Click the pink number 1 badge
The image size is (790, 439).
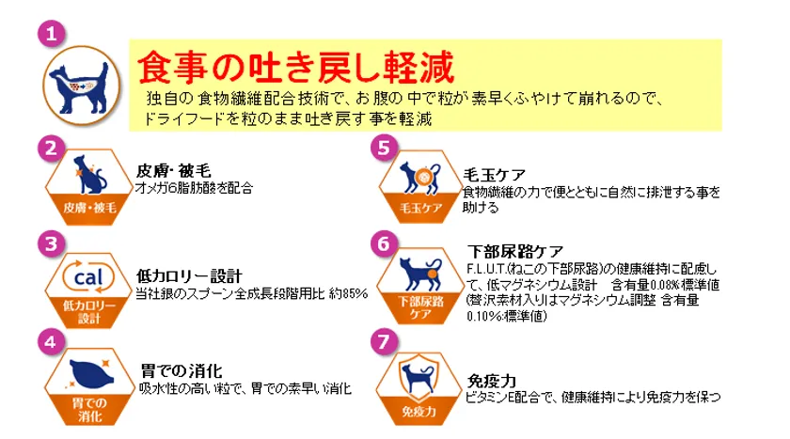[52, 34]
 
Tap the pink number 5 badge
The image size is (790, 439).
[384, 148]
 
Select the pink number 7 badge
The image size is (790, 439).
[384, 342]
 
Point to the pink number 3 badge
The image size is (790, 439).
[52, 244]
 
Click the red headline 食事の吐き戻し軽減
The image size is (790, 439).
[295, 67]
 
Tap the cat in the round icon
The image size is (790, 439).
[81, 86]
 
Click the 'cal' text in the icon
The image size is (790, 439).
[88, 277]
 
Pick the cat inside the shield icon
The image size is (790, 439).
[419, 379]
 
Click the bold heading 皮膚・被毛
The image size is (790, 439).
[173, 171]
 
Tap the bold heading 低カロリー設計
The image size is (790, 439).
[189, 275]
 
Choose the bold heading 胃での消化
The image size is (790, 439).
[182, 371]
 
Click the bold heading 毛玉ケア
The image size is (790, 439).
[495, 175]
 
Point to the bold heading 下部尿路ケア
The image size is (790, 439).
[515, 251]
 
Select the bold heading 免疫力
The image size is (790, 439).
[492, 381]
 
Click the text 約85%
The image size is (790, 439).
[348, 293]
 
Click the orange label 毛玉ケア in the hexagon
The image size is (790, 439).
[420, 208]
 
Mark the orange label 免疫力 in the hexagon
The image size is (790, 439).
[419, 412]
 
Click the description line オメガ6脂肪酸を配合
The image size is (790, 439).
[194, 188]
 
